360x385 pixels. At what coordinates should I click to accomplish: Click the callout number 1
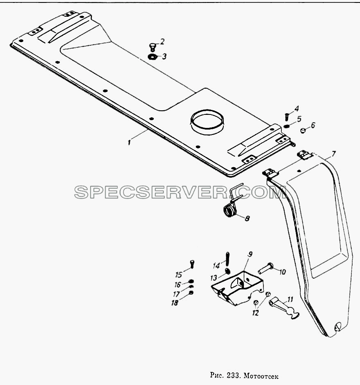(x=129, y=142)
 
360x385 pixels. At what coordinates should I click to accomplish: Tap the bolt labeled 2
(x=152, y=47)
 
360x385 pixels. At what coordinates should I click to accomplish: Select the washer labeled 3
(x=152, y=57)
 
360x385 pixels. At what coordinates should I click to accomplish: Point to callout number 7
(x=333, y=154)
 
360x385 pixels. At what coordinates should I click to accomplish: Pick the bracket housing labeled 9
(x=237, y=288)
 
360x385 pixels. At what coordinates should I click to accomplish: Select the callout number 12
(x=256, y=313)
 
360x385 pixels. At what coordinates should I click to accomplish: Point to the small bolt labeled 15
(x=192, y=264)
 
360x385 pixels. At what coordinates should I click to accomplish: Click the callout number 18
(x=175, y=303)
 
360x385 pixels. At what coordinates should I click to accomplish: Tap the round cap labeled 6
(x=303, y=130)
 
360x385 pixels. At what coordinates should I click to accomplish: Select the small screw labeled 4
(x=286, y=116)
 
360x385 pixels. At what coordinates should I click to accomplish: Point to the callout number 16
(x=178, y=284)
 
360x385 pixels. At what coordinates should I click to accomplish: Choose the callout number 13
(x=214, y=278)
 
